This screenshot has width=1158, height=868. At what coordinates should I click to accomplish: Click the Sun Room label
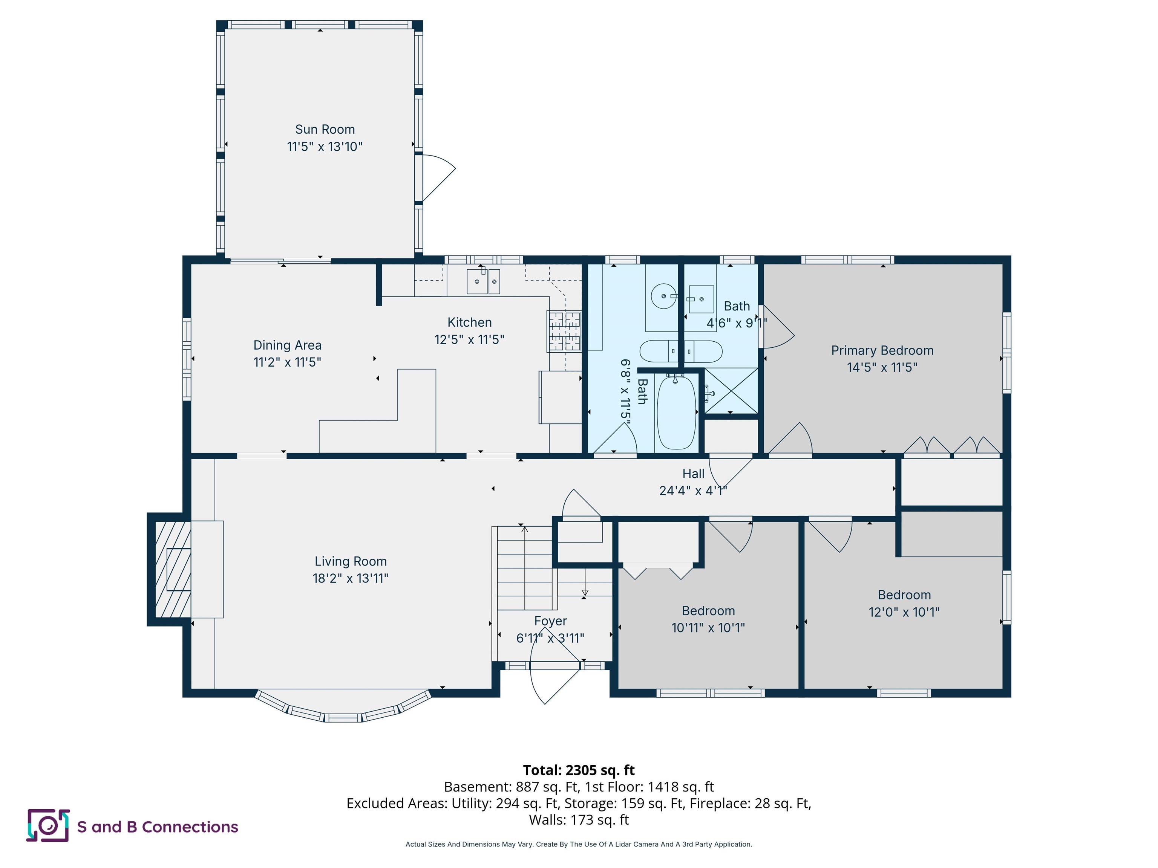(x=325, y=129)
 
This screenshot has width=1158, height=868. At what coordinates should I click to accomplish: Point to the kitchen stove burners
(x=564, y=331)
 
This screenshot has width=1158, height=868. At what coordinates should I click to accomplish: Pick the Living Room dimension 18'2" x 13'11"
(x=350, y=578)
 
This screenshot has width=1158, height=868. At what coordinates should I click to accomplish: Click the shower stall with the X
(x=731, y=390)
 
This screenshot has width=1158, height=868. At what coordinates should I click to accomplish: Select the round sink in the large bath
(x=664, y=296)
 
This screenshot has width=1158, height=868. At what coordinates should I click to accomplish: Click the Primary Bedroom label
(x=882, y=350)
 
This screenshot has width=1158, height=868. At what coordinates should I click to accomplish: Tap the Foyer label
(x=550, y=621)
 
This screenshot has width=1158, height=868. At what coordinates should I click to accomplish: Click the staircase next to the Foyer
(x=524, y=568)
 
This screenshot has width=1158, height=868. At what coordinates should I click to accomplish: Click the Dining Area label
(x=287, y=345)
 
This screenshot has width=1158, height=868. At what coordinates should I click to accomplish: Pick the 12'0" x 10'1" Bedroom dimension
(x=904, y=612)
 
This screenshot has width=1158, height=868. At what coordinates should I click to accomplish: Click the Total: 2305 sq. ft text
(x=579, y=770)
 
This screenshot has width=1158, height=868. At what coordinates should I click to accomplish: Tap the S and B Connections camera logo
(x=48, y=826)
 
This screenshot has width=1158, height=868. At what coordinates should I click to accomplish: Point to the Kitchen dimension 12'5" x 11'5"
(x=469, y=339)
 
